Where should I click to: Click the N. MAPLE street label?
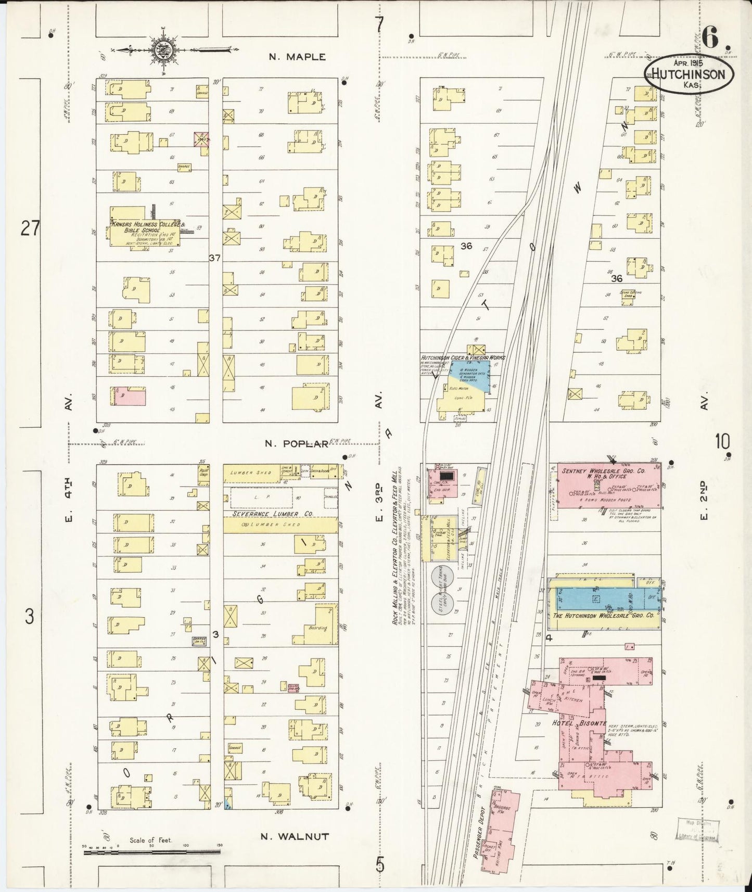(297, 57)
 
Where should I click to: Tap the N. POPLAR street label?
(297, 443)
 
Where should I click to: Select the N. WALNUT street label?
(295, 836)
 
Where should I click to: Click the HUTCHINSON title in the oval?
(688, 74)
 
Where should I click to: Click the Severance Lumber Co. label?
(271, 513)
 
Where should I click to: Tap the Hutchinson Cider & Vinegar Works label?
(463, 358)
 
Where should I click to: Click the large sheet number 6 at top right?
(711, 36)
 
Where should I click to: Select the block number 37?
(215, 258)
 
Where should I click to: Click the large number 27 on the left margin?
(31, 228)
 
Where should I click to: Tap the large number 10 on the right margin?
(722, 441)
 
